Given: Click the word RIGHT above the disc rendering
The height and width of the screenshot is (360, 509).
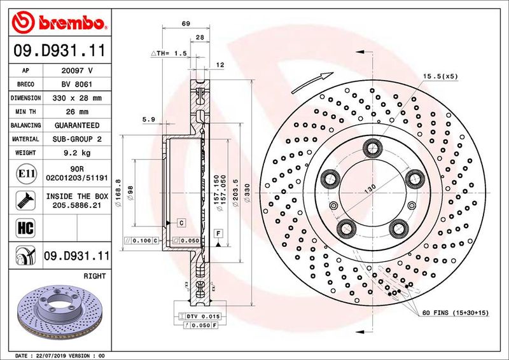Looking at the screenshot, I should pyautogui.click(x=94, y=276).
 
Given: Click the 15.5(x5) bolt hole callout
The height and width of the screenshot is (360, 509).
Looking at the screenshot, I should pyautogui.click(x=440, y=76).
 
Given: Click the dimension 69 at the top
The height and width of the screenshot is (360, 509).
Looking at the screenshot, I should pyautogui.click(x=186, y=24).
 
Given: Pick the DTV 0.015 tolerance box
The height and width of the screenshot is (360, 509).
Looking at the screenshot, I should pyautogui.click(x=204, y=316).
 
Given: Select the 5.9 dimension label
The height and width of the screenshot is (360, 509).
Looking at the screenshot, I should pyautogui.click(x=149, y=119).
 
